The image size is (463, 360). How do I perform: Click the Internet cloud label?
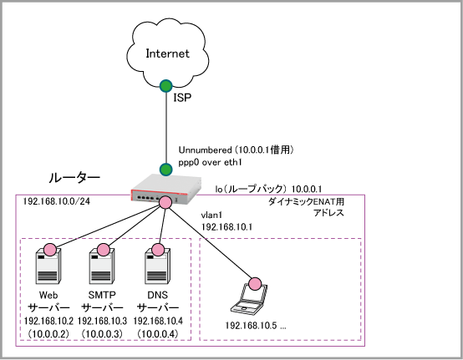[167, 53]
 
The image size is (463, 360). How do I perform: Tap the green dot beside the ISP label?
[166, 86]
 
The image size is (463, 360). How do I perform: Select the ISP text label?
[182, 98]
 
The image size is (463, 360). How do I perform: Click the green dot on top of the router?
[166, 170]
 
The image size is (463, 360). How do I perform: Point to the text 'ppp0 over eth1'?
[210, 162]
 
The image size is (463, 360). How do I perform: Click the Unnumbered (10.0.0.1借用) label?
[236, 150]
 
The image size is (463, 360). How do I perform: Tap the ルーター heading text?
[74, 178]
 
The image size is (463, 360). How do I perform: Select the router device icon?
[166, 188]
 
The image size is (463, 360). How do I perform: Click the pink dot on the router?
[165, 202]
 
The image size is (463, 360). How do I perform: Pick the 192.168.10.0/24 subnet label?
[57, 201]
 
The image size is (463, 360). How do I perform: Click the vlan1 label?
[211, 215]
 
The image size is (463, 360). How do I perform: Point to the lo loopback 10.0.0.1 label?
[268, 189]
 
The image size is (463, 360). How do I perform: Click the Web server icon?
[48, 266]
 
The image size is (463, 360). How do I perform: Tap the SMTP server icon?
[102, 266]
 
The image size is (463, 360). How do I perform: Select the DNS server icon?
[157, 266]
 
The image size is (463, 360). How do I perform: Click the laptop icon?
[249, 297]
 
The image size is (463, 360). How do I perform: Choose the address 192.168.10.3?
[102, 321]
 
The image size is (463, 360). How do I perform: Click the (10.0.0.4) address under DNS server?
[158, 334]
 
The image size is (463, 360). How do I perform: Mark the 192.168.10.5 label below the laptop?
[252, 326]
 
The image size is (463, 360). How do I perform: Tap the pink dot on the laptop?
[255, 284]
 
